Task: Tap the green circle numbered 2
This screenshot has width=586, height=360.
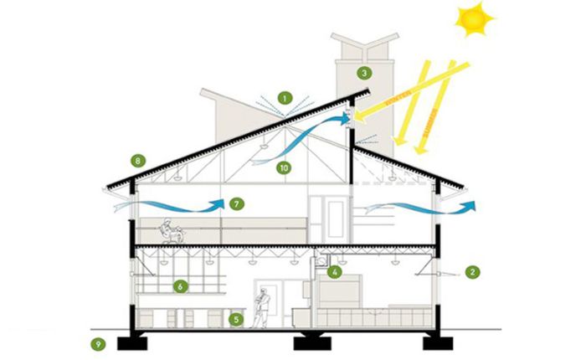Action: point(473,271)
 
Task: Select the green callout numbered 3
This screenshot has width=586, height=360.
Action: point(363,72)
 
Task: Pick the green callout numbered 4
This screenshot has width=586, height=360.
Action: point(334,271)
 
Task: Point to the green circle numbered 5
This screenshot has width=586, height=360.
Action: point(237,318)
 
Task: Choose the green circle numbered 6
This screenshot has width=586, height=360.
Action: point(178,286)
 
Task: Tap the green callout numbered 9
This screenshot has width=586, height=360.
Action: point(98,343)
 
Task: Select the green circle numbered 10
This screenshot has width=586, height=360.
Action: point(285,167)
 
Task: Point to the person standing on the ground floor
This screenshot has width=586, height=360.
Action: point(262,306)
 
